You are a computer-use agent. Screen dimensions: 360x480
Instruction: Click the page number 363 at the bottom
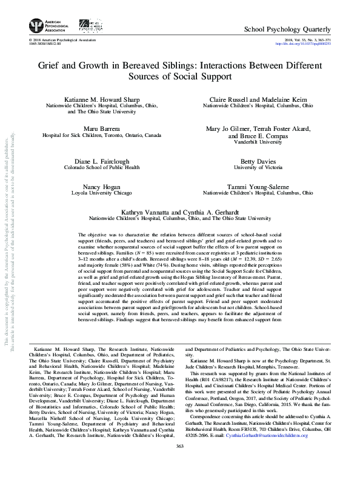pyautogui.click(x=179, y=464)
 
